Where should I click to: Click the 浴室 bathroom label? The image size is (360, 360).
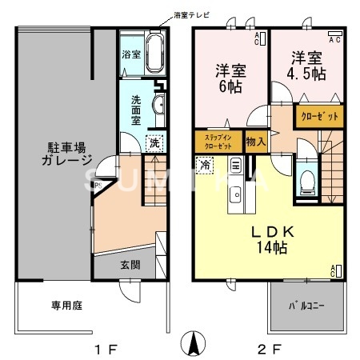click(131, 55)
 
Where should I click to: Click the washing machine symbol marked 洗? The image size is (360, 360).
click(153, 143)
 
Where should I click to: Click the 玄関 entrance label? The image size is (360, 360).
click(130, 264)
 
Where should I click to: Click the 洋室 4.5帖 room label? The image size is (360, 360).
click(308, 66)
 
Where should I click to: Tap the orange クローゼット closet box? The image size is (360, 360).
click(318, 116)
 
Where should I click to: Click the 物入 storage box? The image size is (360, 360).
click(255, 142)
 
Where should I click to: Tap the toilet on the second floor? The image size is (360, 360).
click(306, 180)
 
